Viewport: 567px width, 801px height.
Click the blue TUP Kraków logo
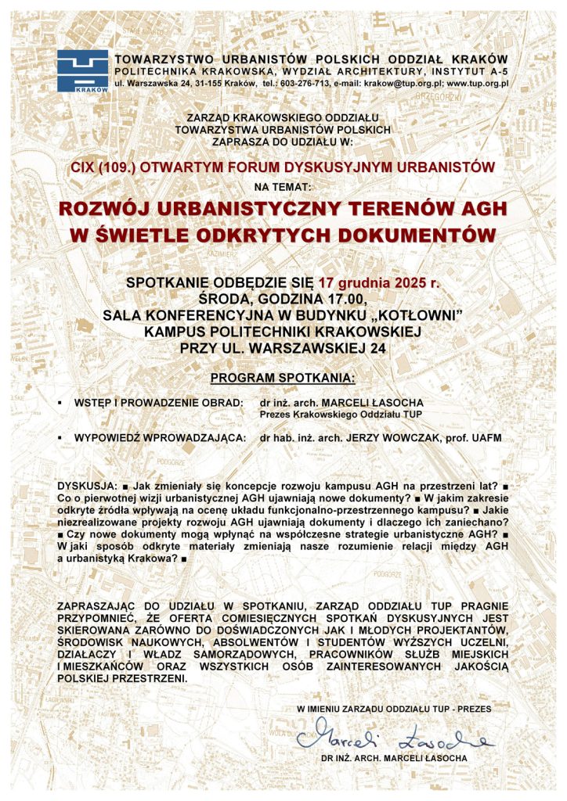[x=82, y=70]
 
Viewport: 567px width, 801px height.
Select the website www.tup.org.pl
[x=479, y=82]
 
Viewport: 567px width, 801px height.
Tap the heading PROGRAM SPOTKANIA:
[x=283, y=379]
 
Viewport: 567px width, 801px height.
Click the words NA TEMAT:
[x=283, y=187]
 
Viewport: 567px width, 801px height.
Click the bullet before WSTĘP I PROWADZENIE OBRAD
[x=61, y=402]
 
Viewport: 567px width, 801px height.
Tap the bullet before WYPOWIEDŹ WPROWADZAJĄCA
[x=61, y=439]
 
